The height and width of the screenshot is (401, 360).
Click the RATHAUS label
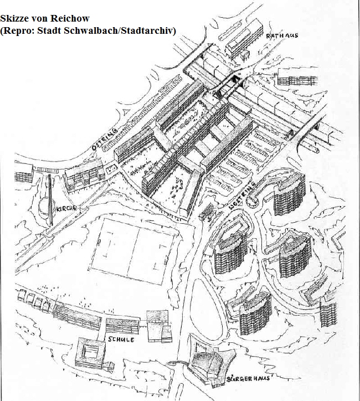point(282,35)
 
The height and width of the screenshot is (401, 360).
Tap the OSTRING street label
point(105,139)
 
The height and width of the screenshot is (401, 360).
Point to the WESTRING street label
point(242,197)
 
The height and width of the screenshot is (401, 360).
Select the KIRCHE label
point(66,208)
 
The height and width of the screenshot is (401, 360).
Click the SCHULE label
point(121,340)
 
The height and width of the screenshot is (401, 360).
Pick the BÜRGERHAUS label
point(248,378)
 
